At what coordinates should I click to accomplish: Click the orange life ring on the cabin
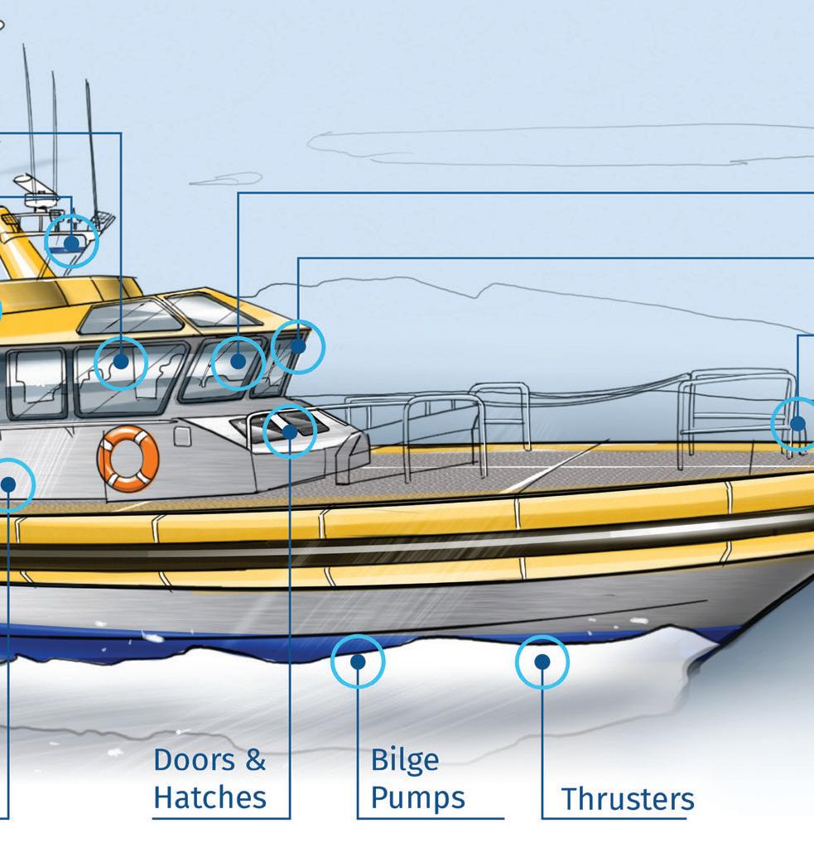(x=128, y=458)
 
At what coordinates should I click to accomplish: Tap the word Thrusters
(x=628, y=799)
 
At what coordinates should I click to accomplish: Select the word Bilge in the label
(x=404, y=759)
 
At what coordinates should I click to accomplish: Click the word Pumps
(x=417, y=797)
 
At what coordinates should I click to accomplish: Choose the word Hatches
(x=210, y=797)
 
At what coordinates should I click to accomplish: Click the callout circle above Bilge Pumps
(x=358, y=662)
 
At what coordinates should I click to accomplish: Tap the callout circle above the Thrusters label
(x=542, y=662)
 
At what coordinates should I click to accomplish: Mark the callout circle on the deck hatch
(x=290, y=431)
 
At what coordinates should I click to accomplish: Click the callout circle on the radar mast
(x=71, y=242)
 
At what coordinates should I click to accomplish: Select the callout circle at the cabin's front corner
(x=298, y=346)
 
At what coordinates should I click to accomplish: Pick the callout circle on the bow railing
(x=797, y=424)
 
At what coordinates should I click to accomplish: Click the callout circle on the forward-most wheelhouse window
(x=238, y=362)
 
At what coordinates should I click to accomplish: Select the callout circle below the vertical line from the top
(x=121, y=362)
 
